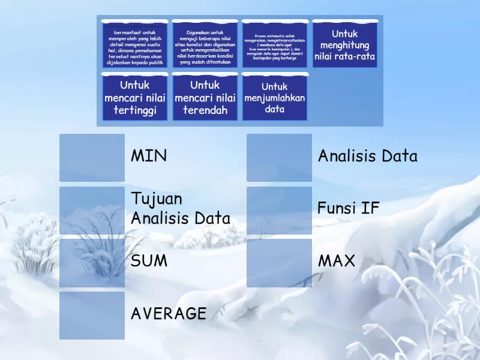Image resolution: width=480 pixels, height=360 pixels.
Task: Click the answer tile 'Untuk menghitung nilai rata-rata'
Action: point(344,45)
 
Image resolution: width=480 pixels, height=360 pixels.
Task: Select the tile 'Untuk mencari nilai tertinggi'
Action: point(134,97)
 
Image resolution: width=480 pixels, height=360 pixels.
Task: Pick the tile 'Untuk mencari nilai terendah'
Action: point(205,97)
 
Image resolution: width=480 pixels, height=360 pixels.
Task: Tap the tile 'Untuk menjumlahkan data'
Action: point(274,97)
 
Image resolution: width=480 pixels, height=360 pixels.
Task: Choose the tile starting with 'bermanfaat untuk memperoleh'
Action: point(134,45)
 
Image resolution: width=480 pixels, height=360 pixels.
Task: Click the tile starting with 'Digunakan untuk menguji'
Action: point(205,45)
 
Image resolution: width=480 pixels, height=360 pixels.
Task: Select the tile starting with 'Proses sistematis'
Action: point(274,45)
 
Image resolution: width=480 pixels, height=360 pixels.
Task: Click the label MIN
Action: point(149,157)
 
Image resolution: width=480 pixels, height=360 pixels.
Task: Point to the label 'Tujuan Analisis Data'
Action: point(180,209)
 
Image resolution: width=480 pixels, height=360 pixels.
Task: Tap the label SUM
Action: point(149,262)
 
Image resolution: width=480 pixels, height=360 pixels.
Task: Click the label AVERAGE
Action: point(169,314)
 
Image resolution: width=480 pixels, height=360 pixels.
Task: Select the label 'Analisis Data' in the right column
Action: point(367,157)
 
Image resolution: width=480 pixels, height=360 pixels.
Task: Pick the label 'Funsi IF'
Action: point(349,209)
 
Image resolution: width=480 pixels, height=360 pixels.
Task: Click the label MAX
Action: point(337,262)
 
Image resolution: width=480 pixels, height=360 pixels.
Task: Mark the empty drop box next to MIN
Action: point(92,158)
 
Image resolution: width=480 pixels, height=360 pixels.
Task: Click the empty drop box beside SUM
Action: point(92,263)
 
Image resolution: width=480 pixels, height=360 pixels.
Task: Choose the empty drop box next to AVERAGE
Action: point(92,316)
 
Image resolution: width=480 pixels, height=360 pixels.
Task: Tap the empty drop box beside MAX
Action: point(279,263)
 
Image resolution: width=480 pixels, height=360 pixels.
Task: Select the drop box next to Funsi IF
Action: point(279,210)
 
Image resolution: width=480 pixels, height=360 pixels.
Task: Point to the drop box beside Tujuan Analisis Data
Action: point(92,210)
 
